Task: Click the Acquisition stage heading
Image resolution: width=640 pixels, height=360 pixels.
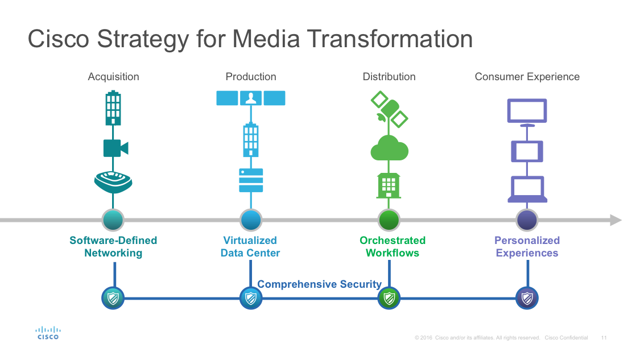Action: coord(113,77)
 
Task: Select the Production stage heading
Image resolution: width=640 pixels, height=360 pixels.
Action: coord(251,77)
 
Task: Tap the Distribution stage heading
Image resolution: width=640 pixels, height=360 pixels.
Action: coord(389,77)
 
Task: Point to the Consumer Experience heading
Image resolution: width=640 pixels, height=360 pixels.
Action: coord(527,77)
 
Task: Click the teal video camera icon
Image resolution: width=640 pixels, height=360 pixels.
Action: coord(115,148)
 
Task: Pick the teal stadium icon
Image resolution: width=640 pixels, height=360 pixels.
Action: coord(113,182)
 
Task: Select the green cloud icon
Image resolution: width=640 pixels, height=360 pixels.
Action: coord(389,149)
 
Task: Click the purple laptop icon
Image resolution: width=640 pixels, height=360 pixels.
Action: coord(527,189)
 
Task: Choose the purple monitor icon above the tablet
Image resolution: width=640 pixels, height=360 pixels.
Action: coord(527,111)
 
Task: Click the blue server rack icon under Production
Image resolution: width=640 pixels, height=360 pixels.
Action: coord(251,180)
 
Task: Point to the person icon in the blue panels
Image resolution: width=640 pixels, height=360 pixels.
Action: coord(251,98)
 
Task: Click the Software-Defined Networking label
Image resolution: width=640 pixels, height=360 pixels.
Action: coord(113,247)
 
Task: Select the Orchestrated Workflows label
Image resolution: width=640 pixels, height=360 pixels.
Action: coord(392,247)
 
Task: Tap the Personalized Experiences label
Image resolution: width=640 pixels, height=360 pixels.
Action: coord(527,247)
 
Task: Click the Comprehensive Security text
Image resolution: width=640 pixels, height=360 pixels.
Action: coord(319,284)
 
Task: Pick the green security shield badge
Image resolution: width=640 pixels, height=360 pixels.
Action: coord(389,298)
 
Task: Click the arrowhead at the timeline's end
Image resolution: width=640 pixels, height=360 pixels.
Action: coord(615,220)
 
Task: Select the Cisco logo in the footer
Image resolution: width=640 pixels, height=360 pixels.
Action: coord(48,333)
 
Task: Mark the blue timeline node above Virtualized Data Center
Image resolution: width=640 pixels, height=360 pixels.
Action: coord(251,220)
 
